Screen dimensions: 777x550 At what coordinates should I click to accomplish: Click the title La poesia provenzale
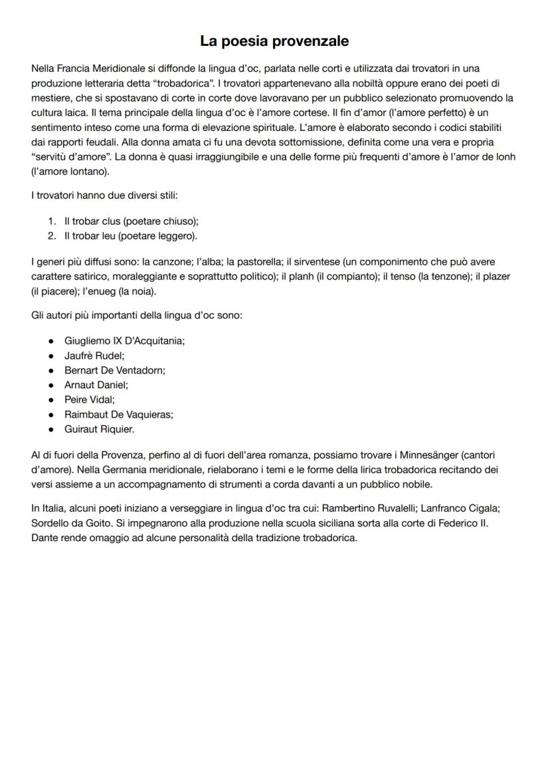point(274,41)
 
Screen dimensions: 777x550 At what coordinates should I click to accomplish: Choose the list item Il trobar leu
point(130,236)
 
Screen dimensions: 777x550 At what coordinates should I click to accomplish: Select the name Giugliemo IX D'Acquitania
point(124,340)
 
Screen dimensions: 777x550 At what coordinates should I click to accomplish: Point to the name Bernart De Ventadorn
point(114,370)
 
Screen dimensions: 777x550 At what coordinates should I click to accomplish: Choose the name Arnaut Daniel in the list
point(96,385)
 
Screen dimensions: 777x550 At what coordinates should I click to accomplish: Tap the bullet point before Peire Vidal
point(51,399)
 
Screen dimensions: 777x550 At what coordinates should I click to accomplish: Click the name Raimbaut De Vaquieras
point(118,414)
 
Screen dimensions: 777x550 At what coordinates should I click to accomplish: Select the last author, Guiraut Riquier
point(99,429)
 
